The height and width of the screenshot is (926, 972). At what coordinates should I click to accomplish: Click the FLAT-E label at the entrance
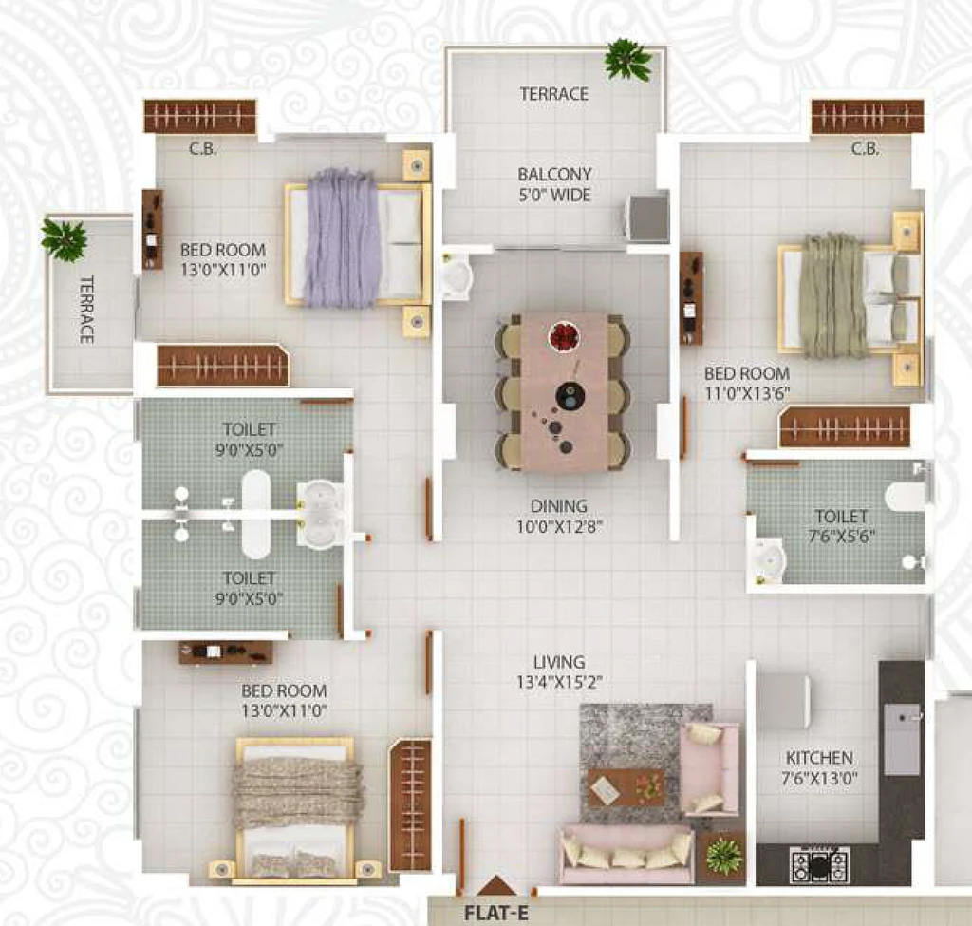[x=496, y=913]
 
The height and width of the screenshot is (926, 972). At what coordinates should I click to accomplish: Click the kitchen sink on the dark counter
[x=902, y=739]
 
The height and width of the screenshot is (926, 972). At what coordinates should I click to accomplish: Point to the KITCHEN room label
[x=819, y=757]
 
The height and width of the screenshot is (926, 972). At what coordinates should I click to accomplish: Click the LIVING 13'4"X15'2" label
[x=559, y=671]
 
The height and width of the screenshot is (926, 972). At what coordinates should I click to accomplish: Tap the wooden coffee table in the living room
[x=626, y=787]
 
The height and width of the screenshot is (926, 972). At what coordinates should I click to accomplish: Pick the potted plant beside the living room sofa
[x=723, y=856]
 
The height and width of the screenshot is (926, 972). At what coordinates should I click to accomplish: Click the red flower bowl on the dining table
[x=564, y=337]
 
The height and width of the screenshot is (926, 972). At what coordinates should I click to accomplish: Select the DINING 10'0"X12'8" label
[x=559, y=516]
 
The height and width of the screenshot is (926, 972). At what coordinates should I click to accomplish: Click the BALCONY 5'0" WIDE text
[x=554, y=184]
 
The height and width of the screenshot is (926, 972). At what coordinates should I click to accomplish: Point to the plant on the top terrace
[x=628, y=60]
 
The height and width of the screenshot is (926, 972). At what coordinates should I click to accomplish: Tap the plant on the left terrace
[x=64, y=238]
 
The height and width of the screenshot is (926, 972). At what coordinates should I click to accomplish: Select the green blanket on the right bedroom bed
[x=832, y=296]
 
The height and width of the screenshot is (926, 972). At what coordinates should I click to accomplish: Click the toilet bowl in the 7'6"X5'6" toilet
[x=906, y=496]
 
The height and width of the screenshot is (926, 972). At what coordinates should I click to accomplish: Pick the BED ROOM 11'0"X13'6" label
[x=747, y=384]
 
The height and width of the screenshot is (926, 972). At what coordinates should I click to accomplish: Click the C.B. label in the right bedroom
[x=866, y=149]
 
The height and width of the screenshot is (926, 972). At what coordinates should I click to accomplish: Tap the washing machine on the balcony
[x=648, y=217]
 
